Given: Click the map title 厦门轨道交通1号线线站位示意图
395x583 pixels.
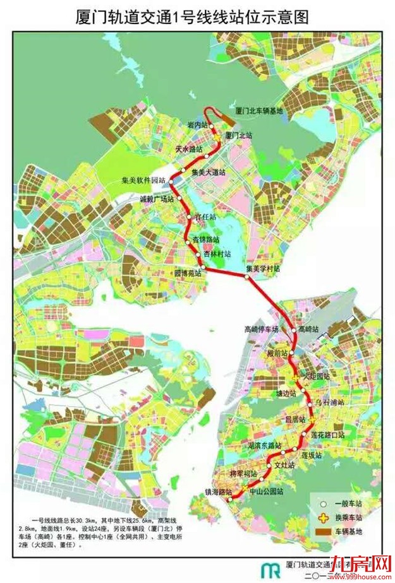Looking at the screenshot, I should click(197, 17).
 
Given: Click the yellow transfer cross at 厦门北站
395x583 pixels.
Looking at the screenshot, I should click(218, 136).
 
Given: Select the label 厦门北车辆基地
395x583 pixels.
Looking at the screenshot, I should click(260, 110).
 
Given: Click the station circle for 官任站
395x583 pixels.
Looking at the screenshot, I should click(190, 219).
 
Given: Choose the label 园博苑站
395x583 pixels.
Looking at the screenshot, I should click(187, 274).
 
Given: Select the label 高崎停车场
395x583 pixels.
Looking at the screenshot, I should click(262, 329).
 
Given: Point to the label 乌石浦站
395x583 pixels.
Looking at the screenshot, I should click(329, 403).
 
